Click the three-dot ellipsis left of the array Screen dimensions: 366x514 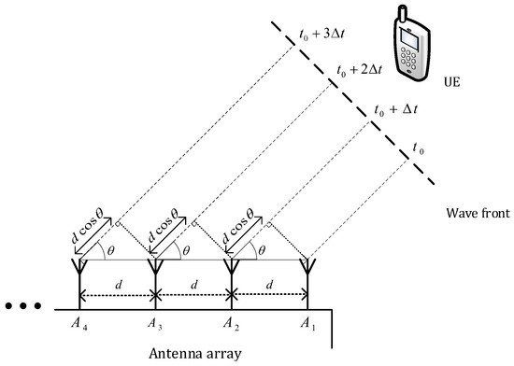[x=21, y=306]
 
